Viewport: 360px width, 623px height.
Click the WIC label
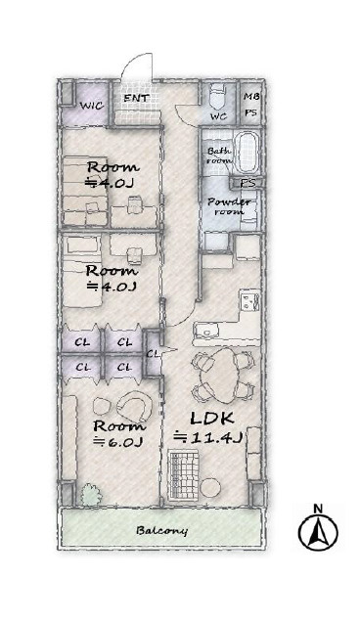coord(92,106)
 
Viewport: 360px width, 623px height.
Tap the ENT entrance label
coord(136,98)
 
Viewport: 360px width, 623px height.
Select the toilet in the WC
coord(218,97)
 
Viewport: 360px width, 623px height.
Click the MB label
coord(249,97)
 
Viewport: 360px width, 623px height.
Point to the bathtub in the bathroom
coord(247,153)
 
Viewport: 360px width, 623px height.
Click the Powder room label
coord(229,206)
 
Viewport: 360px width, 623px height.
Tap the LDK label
coord(211,418)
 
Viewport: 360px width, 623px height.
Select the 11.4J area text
coord(208,437)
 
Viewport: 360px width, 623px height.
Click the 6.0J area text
coord(117,441)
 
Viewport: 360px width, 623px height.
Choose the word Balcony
coord(161,530)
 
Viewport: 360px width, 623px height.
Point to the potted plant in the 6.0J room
coord(91,495)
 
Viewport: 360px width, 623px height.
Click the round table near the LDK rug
coord(210,487)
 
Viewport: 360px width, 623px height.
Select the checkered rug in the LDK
coord(183,474)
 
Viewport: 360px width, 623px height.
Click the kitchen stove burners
coord(250,301)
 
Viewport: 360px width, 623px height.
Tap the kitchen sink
coord(205,330)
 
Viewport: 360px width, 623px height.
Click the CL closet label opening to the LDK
coord(153,353)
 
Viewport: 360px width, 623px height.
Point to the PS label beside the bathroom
coord(247,184)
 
